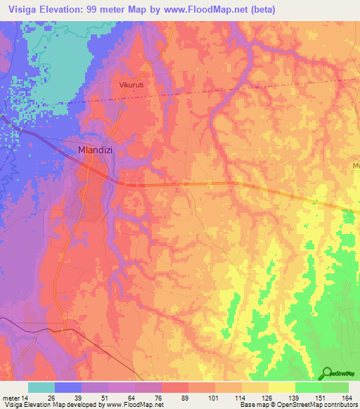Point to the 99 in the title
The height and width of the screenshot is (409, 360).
click(93, 9)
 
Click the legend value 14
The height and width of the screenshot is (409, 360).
click(26, 398)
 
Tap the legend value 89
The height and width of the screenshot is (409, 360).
click(185, 398)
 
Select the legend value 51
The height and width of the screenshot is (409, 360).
click(105, 398)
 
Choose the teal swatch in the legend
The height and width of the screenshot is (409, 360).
click(41, 388)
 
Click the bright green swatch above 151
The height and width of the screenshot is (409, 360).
click(309, 388)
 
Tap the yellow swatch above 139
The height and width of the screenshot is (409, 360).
click(282, 388)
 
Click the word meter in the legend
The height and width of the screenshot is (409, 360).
click(11, 398)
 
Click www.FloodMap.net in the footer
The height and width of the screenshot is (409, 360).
click(134, 405)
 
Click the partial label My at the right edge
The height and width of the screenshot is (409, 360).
click(356, 166)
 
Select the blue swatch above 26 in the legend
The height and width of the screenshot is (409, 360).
click(68, 388)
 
